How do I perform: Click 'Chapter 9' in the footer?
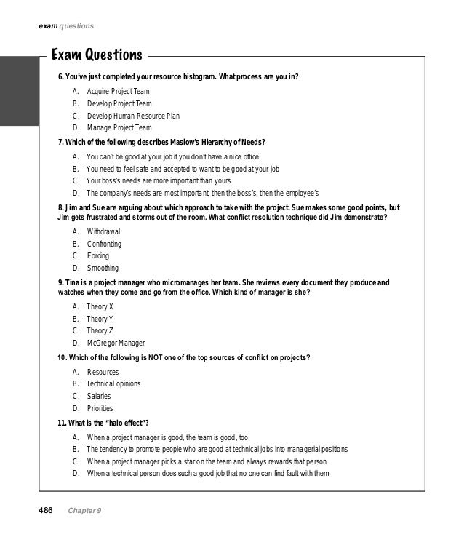coord(86,511)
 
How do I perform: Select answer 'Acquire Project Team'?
coord(119,91)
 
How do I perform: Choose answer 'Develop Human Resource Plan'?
coord(133,115)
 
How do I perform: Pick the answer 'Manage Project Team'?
coord(119,127)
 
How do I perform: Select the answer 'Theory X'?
coord(100,306)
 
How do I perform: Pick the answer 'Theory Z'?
coord(100,331)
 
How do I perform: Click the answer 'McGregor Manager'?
coord(116,343)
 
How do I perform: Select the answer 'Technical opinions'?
coord(113,383)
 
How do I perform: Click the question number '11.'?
coord(63,423)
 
